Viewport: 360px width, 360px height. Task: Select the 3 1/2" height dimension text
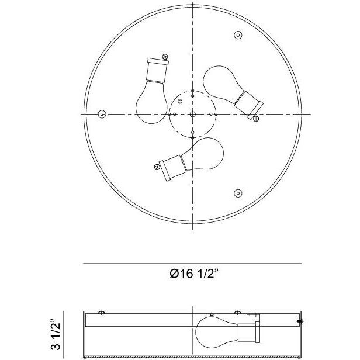coord(56,334)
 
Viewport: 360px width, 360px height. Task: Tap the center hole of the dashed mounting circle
coord(192,113)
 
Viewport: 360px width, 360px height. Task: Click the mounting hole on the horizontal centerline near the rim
coord(102,113)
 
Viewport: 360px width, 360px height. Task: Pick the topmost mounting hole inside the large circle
coord(237,36)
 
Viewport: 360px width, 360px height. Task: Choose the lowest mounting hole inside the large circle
coord(237,193)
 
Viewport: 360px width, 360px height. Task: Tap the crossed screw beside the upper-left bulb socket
coord(166,57)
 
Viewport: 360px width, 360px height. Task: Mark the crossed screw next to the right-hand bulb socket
coord(255,118)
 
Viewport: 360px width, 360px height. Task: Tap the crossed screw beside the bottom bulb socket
coord(157,166)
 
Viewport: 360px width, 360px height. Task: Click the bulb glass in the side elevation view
coord(213,330)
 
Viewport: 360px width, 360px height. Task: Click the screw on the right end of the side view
coord(300,321)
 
